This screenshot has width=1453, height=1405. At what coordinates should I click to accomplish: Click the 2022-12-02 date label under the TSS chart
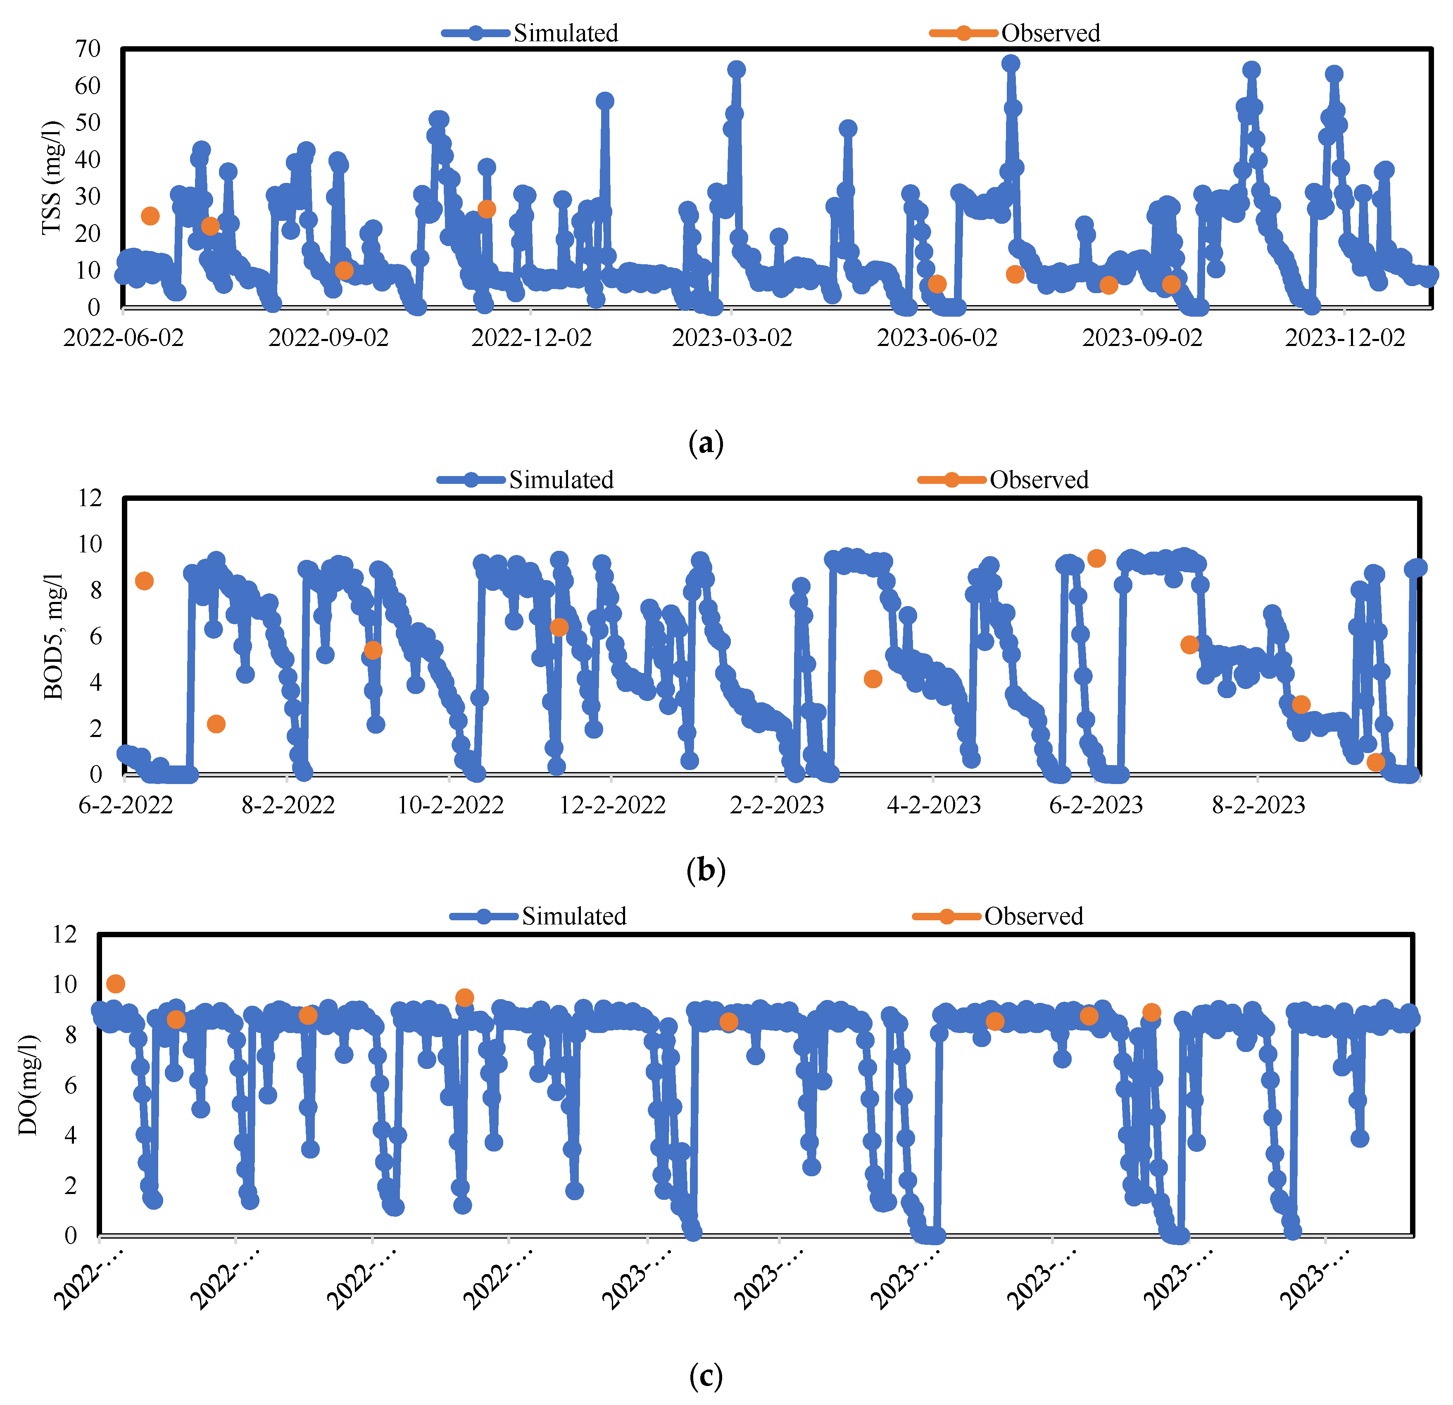point(532,338)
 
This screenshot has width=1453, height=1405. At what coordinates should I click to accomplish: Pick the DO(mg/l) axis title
point(28,1085)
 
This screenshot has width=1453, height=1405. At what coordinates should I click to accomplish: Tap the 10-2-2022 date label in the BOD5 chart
point(450,805)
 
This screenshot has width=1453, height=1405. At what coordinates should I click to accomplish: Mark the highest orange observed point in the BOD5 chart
point(1096,559)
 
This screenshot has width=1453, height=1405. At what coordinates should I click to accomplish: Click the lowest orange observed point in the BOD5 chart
point(1375,763)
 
